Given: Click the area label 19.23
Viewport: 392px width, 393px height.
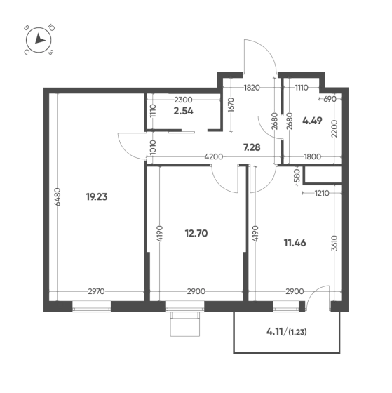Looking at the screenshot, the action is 97,196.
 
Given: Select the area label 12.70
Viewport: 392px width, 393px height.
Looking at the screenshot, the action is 196,233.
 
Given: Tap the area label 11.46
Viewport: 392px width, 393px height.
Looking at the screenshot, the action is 295,243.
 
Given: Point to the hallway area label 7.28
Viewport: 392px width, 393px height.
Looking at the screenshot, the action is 252,147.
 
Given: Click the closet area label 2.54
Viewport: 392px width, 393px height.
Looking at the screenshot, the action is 183,111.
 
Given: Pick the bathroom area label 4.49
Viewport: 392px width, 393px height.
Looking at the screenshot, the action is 312,121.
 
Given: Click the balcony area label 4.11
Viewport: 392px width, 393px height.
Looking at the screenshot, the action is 274,332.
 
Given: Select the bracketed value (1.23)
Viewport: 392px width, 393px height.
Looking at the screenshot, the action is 297,333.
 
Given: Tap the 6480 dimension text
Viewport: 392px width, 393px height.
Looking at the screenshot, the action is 58,196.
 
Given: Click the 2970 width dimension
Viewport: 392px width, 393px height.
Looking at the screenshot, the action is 96,291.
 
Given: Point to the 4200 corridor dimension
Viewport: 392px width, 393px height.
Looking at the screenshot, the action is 214,157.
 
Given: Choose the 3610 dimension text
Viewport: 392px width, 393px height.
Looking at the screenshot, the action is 334,243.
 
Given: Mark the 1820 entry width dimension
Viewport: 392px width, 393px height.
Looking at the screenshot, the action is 252,88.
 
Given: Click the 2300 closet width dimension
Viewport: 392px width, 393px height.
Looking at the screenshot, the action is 183,100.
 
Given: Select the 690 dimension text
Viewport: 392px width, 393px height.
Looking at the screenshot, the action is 330,99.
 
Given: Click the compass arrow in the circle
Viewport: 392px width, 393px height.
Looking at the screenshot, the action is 39,39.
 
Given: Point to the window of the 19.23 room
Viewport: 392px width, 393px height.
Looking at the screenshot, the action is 91,306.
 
